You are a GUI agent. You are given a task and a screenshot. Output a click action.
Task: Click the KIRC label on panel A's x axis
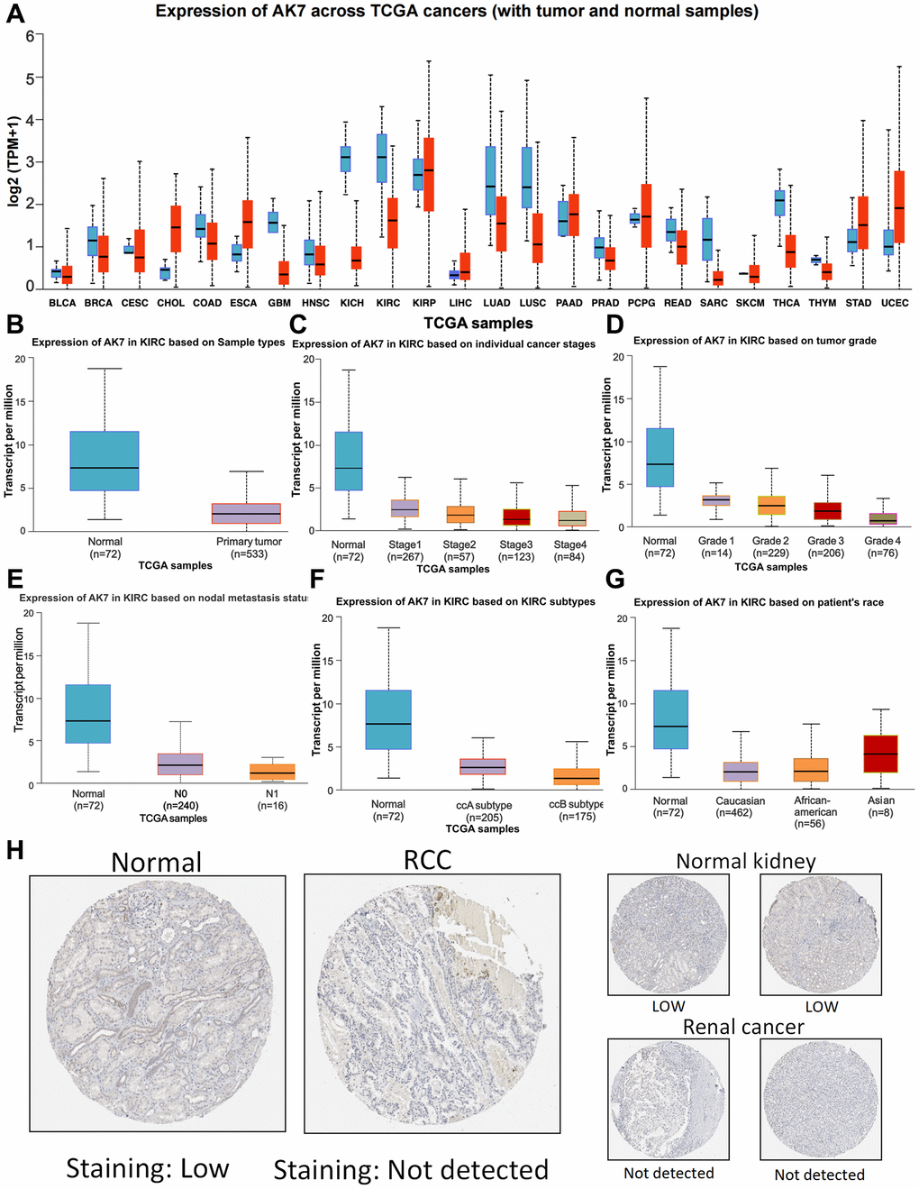point(388,303)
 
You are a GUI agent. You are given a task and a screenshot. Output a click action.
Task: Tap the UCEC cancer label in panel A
point(895,303)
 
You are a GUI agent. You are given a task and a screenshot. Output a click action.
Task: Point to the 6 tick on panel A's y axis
point(30,36)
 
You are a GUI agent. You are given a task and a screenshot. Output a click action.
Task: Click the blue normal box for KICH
point(345,159)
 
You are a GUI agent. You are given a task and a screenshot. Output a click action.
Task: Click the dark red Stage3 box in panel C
point(516,517)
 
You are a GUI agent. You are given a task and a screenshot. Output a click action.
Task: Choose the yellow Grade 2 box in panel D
point(771,505)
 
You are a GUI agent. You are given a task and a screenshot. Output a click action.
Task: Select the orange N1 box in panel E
point(272,771)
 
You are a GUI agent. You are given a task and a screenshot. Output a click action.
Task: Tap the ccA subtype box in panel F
point(484,766)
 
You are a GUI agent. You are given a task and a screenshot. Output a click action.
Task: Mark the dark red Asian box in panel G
point(881,754)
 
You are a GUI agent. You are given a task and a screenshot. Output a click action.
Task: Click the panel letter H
point(14,850)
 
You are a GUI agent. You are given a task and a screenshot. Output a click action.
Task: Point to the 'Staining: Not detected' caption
point(411,1170)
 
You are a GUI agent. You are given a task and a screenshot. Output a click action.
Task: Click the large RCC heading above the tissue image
point(427,860)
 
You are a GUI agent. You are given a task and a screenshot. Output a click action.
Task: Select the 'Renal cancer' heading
point(743,1027)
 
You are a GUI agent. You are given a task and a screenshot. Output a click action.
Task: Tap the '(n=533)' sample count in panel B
point(249,553)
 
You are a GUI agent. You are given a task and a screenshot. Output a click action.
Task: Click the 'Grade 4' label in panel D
point(882,541)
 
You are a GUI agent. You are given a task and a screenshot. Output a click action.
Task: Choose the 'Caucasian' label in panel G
point(740,800)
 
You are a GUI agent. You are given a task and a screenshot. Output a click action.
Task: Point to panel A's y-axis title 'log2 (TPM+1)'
point(14,160)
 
